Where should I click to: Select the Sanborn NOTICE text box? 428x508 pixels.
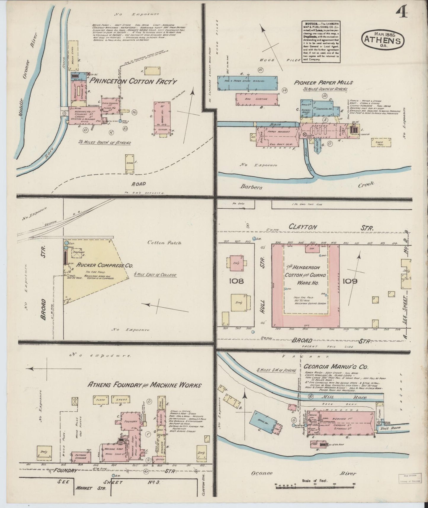coord(321,41)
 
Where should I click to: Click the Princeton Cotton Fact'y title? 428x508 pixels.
coord(133,81)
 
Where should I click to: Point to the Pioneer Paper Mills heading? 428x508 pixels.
coord(323,83)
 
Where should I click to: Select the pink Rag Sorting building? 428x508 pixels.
coord(257,99)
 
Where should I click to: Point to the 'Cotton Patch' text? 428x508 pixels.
coord(164,242)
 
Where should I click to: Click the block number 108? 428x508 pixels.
coord(236,280)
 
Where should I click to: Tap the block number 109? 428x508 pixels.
coord(350,280)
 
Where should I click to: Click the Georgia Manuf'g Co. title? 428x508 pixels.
coord(336,367)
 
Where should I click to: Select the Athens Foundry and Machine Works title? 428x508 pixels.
coord(144,385)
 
